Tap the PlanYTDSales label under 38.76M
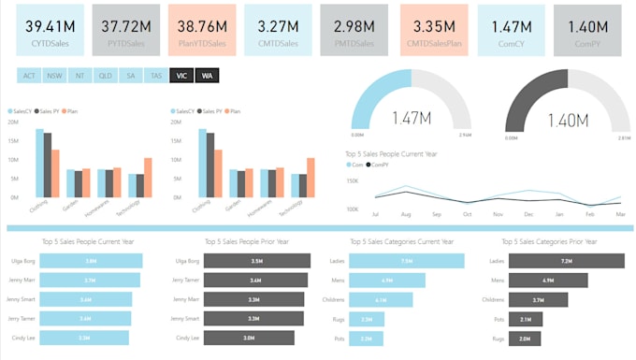[201, 42]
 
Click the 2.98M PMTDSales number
[354, 25]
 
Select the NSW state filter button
[54, 76]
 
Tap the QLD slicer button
[105, 76]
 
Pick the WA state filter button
[206, 76]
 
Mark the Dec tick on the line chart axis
[529, 213]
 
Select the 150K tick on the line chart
[353, 181]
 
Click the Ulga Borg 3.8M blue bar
[92, 261]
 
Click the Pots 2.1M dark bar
[526, 319]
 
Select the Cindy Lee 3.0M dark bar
[248, 338]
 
